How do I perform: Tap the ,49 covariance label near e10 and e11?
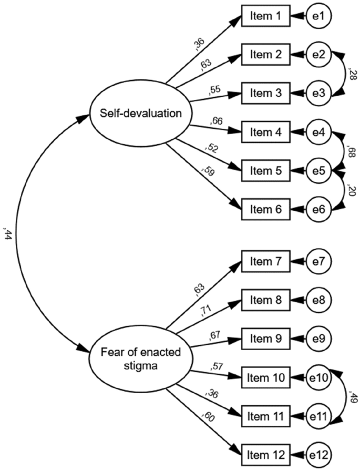[x=353, y=397]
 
